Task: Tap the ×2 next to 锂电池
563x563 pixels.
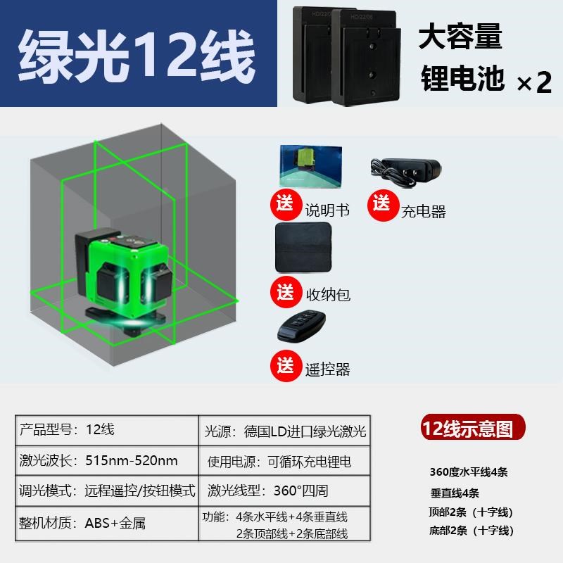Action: (x=534, y=82)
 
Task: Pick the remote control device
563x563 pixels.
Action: (x=304, y=327)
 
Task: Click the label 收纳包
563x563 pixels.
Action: (x=328, y=293)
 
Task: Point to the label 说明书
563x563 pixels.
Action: (x=327, y=210)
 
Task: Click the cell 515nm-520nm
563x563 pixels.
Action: (x=131, y=461)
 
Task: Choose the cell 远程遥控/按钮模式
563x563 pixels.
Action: (x=139, y=491)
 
